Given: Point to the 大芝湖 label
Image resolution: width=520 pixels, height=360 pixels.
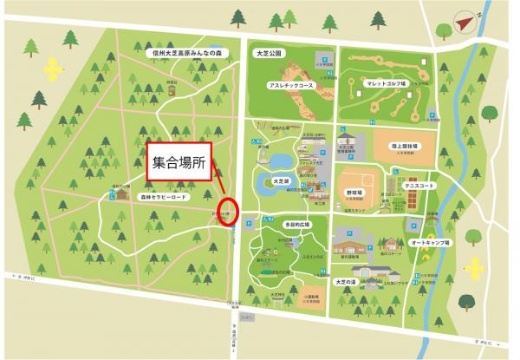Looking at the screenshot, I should click(x=279, y=181).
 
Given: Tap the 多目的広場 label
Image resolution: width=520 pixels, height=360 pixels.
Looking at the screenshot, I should click(x=284, y=224).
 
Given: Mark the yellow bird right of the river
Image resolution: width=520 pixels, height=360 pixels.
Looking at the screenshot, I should click(x=476, y=266).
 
